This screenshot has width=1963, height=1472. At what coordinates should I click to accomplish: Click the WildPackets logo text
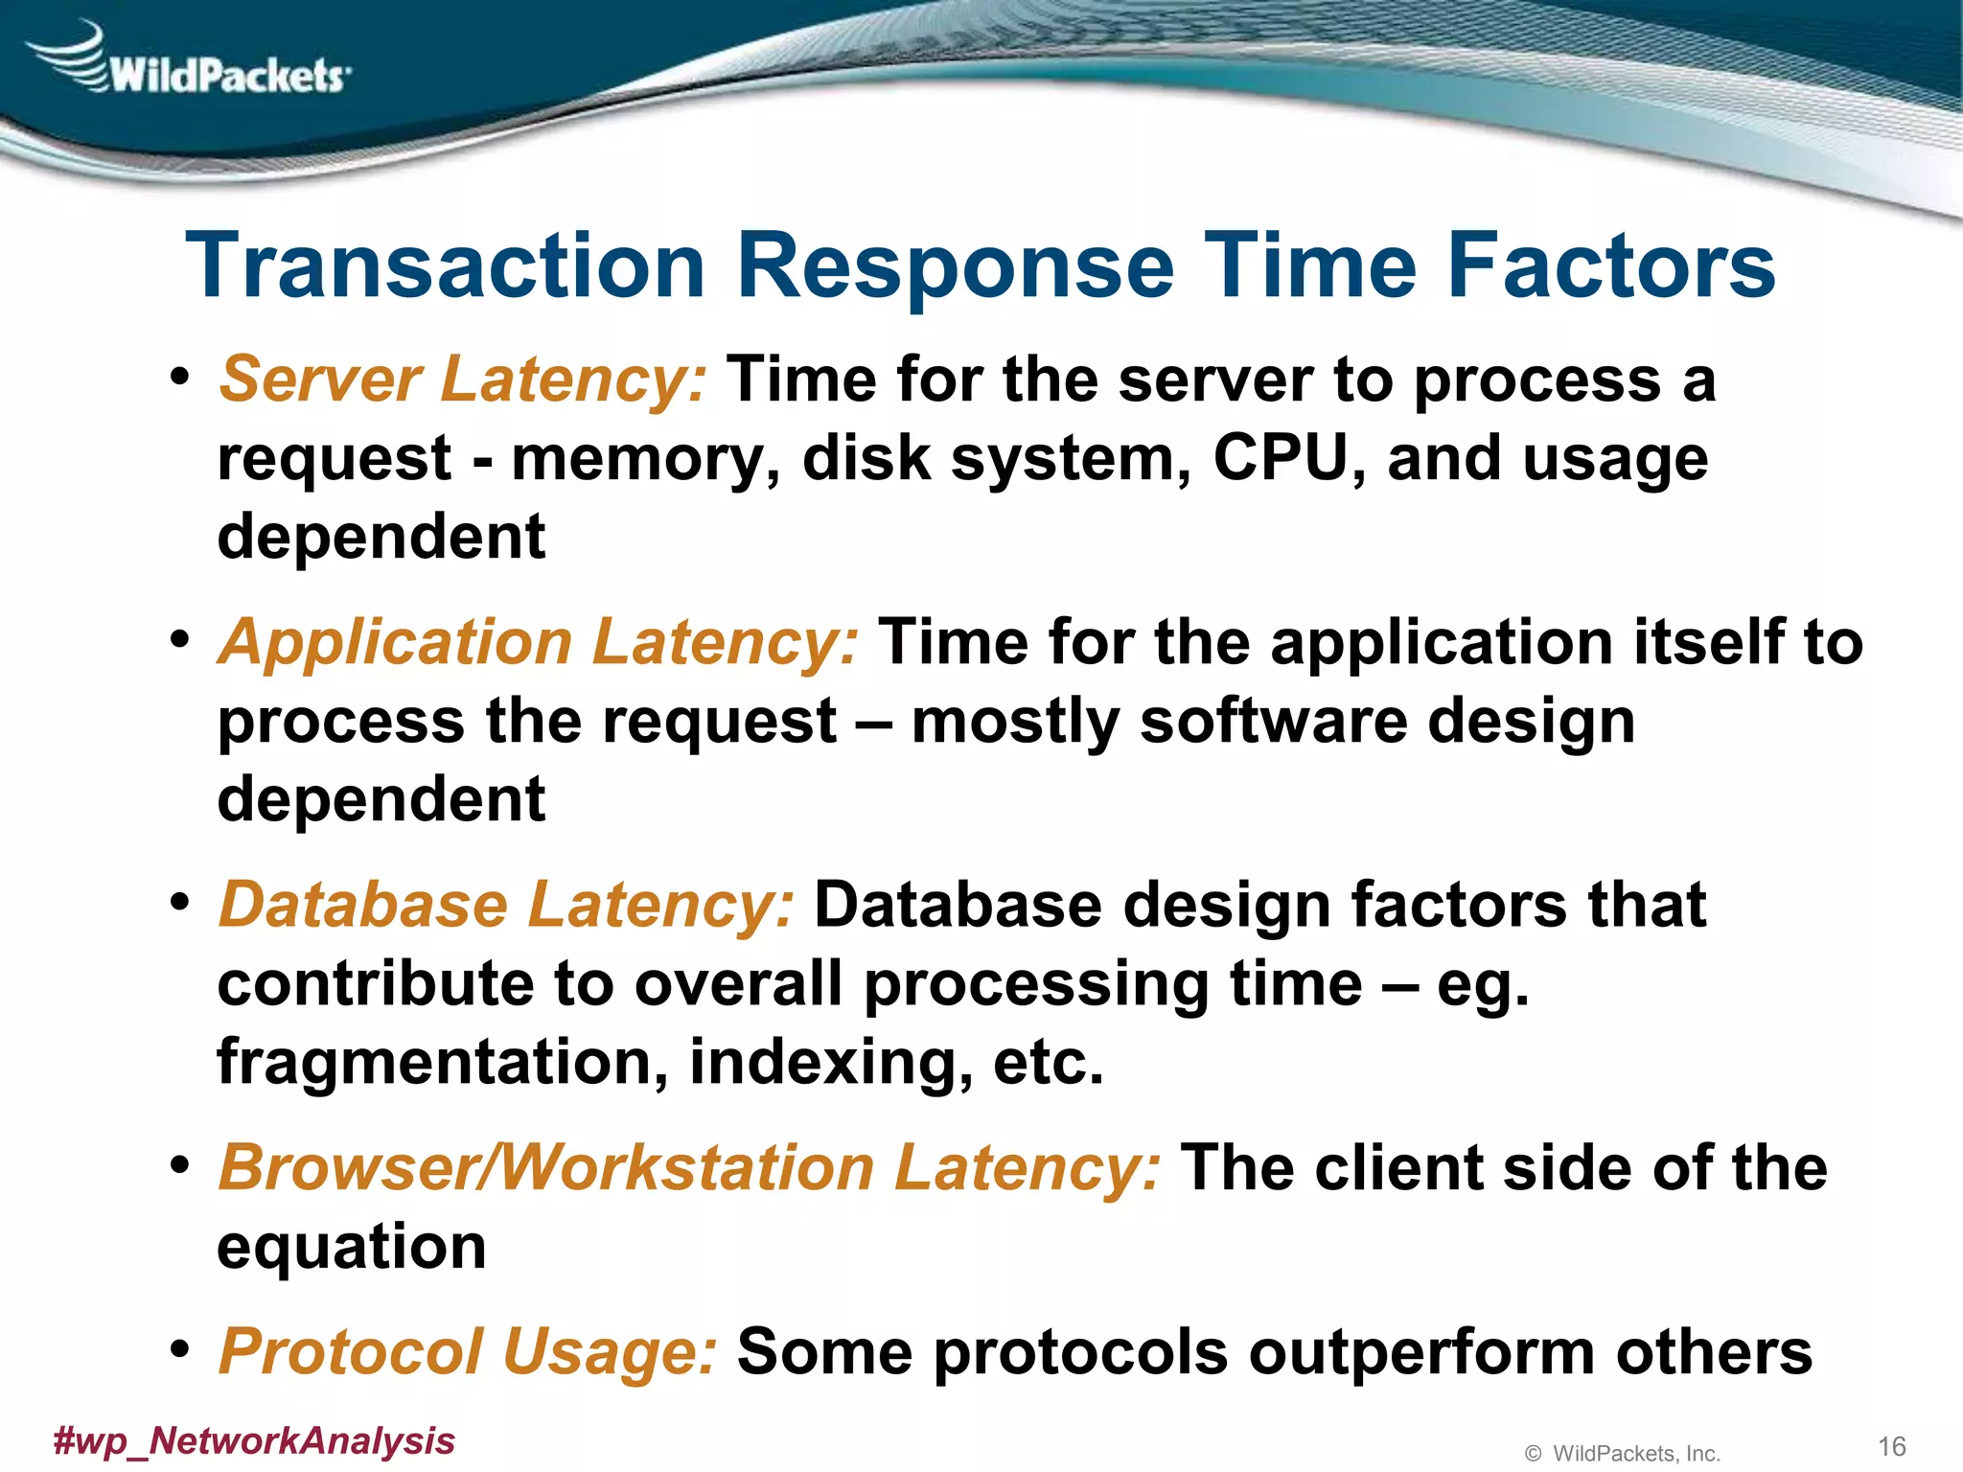[x=226, y=75]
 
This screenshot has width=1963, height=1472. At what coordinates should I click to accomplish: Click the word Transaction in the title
[x=446, y=266]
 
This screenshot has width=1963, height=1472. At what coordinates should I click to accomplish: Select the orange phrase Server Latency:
[x=463, y=379]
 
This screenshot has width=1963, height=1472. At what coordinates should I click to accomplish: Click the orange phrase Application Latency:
[x=539, y=642]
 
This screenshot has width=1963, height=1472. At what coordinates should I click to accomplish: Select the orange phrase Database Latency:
[x=506, y=905]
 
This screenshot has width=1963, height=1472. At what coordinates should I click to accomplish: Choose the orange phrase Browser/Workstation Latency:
[x=690, y=1168]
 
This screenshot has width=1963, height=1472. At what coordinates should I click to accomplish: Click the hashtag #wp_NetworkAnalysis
[x=254, y=1440]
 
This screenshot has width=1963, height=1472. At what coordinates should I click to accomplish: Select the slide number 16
[x=1891, y=1446]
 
